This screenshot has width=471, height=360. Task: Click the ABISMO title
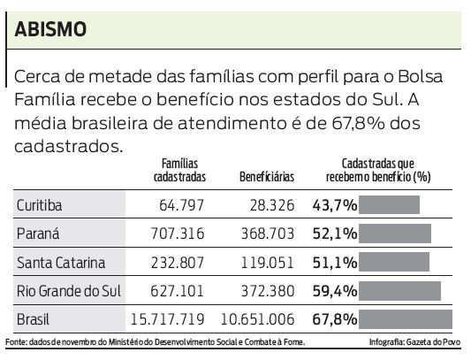(51, 29)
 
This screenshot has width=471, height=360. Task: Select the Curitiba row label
(39, 206)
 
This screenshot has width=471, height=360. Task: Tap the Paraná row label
(37, 234)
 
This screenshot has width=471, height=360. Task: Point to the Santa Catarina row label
(60, 263)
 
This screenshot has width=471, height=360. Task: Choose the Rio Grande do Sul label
(69, 291)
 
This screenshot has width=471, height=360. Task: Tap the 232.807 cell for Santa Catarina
(178, 263)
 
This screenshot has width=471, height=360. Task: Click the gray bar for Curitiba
(390, 206)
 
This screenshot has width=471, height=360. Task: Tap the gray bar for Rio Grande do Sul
(400, 291)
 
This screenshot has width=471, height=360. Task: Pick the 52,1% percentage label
(334, 234)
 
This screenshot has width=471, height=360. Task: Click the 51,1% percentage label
(334, 263)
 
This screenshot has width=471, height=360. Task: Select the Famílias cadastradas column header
(179, 171)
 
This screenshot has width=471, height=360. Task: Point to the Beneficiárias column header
(266, 177)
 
